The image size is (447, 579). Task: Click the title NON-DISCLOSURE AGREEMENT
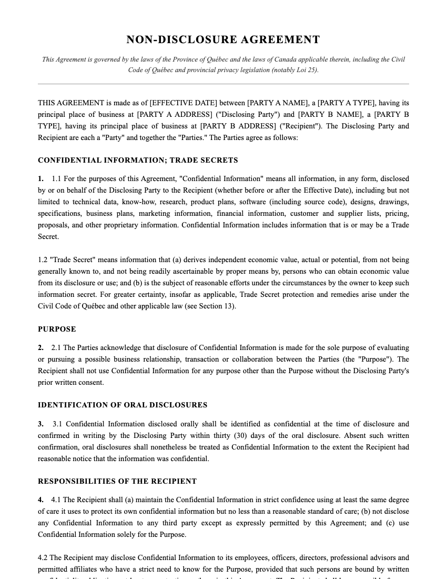pyautogui.click(x=223, y=40)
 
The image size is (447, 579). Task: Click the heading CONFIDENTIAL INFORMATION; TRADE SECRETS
pyautogui.click(x=138, y=161)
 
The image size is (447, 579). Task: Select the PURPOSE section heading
pyautogui.click(x=57, y=330)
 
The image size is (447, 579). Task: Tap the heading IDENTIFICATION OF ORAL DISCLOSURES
pyautogui.click(x=123, y=405)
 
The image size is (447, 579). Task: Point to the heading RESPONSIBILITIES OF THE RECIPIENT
pyautogui.click(x=117, y=482)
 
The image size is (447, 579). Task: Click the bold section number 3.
pyautogui.click(x=40, y=424)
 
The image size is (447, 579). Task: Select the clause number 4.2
pyautogui.click(x=43, y=558)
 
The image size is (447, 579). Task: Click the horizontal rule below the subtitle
pyautogui.click(x=223, y=84)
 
